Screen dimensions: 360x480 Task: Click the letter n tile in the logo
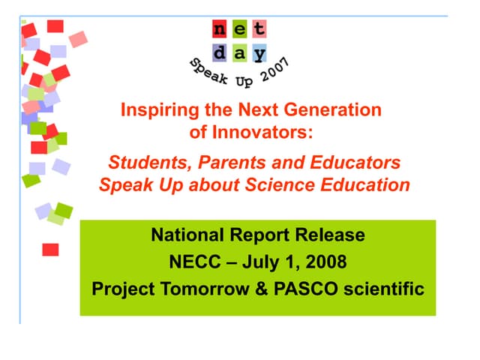click(219, 31)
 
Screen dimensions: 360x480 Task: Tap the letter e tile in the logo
click(238, 31)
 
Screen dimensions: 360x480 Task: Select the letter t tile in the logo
click(258, 31)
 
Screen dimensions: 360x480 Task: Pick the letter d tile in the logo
click(219, 53)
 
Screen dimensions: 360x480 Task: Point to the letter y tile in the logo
click(258, 53)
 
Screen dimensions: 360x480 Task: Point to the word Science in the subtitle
click(282, 184)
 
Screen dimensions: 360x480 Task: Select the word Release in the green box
click(332, 235)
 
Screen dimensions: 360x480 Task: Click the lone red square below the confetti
click(50, 249)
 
